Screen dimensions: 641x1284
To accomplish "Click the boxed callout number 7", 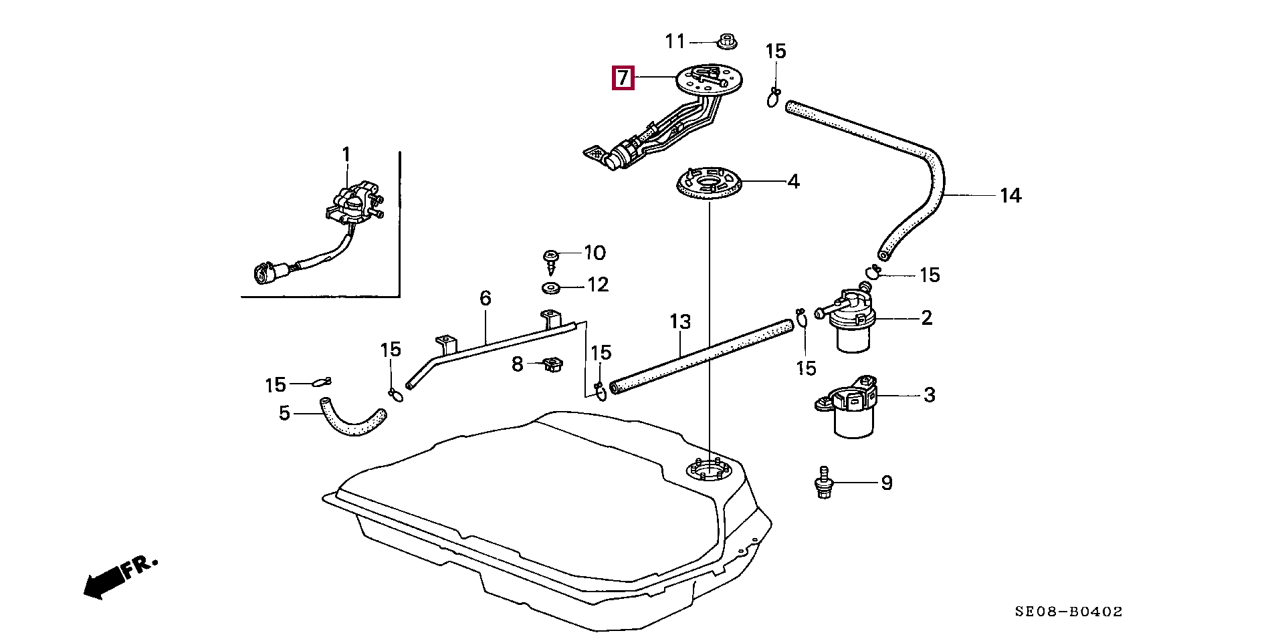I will pyautogui.click(x=623, y=78).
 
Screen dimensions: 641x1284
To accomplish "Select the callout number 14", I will pyautogui.click(x=1010, y=195).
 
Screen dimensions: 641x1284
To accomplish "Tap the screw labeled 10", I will pyautogui.click(x=552, y=261).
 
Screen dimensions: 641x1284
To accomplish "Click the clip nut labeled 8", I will pyautogui.click(x=552, y=366).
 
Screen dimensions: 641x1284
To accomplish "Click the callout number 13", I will pyautogui.click(x=680, y=322).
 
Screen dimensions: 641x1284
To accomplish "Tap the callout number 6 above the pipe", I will pyautogui.click(x=486, y=297).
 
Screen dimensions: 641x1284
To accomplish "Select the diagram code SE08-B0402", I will pyautogui.click(x=1068, y=611).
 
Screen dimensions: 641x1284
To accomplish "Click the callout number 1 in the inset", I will pyautogui.click(x=346, y=155).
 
